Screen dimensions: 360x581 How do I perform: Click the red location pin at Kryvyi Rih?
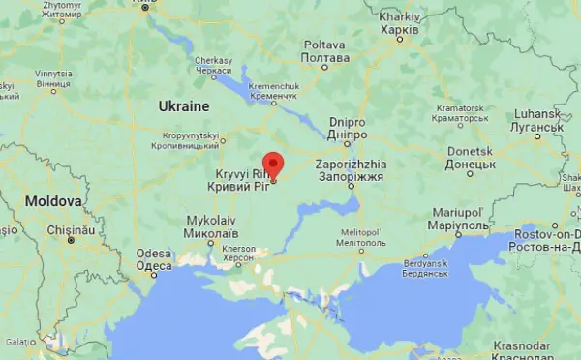pos(273,165)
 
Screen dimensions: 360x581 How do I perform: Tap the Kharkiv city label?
pos(399,23)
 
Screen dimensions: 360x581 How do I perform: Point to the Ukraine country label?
pos(183,105)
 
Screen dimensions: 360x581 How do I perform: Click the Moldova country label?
pos(54,201)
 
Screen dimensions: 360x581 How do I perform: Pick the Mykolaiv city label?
pos(210,227)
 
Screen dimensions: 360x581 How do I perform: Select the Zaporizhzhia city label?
pos(351,171)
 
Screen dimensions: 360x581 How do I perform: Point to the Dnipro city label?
pos(347,129)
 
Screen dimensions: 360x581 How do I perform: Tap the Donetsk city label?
pos(472,158)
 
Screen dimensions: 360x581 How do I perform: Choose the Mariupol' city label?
pos(459,219)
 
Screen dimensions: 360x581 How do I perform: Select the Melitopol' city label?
pos(360,233)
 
